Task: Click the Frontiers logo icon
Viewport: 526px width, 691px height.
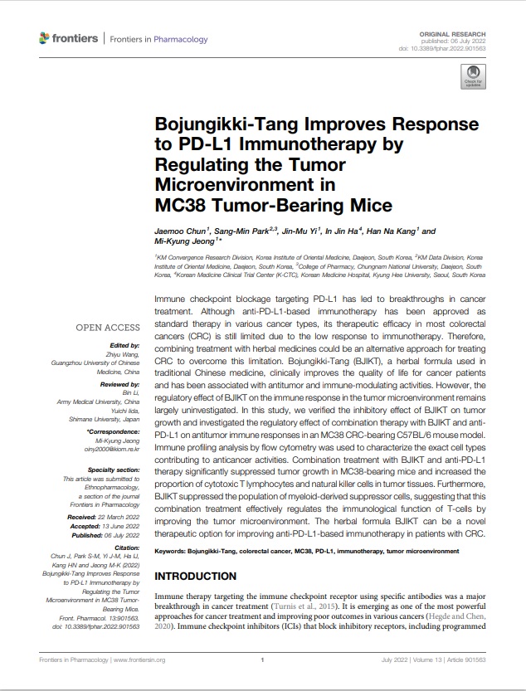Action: (44, 38)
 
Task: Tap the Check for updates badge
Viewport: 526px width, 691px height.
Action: (475, 79)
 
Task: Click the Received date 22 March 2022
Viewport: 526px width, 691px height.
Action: (115, 517)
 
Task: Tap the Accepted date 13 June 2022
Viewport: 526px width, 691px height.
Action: (116, 525)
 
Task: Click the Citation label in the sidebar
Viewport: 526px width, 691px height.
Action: (125, 549)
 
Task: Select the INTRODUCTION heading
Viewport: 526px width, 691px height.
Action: (196, 577)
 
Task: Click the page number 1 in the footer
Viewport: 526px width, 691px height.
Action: (262, 660)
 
